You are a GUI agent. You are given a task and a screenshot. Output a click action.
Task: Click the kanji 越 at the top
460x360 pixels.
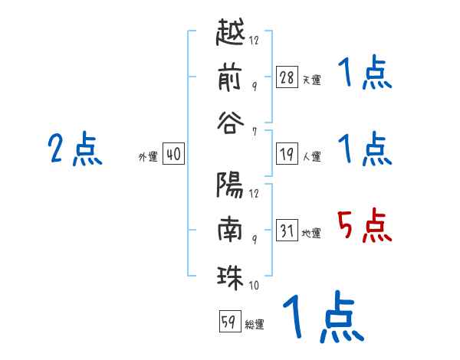click(230, 32)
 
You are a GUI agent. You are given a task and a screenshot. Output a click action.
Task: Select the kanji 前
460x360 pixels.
click(230, 78)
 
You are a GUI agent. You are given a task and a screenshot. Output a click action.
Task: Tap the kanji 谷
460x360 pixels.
click(230, 123)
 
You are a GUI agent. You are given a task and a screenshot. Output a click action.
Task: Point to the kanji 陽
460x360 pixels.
click(229, 185)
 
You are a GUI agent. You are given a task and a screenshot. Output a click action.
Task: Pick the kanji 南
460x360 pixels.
click(230, 229)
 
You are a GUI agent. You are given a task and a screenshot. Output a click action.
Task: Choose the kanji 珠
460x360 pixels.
click(230, 277)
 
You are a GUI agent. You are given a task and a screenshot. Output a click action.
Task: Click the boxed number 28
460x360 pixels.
click(287, 77)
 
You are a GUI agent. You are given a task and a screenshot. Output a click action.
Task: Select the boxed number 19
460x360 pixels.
click(287, 153)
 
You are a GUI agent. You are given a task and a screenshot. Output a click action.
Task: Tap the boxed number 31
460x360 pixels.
click(287, 230)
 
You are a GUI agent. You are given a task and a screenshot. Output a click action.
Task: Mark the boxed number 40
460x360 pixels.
click(173, 153)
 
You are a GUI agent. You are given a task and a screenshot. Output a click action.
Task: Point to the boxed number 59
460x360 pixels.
click(230, 321)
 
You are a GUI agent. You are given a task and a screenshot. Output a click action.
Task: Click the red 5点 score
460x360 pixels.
click(364, 225)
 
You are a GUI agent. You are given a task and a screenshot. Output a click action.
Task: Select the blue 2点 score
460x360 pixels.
click(75, 149)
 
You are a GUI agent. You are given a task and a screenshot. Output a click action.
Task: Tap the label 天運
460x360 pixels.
click(312, 80)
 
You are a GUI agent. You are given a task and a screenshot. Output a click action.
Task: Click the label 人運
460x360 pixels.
click(312, 156)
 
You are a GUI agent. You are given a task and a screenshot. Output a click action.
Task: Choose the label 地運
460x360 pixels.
click(311, 233)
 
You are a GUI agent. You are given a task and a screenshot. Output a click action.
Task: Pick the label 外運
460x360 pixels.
click(148, 156)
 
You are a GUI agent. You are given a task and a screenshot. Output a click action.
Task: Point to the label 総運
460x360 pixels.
click(255, 324)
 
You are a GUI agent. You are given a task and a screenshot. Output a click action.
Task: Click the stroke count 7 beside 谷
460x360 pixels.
click(255, 132)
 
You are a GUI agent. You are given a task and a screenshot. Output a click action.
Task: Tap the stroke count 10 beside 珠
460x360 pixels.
click(254, 285)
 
